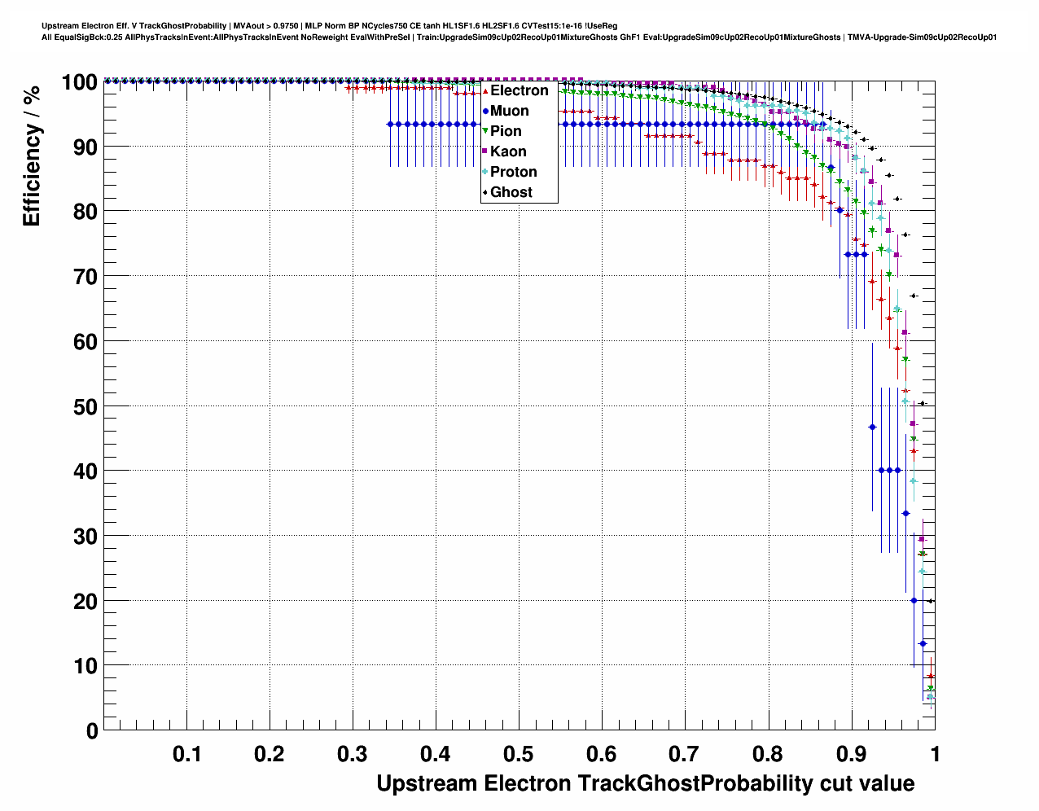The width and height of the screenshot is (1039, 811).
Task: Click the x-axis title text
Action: click(645, 783)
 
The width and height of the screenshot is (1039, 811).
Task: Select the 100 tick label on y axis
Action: click(79, 82)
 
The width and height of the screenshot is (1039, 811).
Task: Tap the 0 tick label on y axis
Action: click(92, 730)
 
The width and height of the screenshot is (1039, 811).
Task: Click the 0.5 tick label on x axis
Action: click(519, 754)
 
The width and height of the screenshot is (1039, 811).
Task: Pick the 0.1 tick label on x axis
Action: click(187, 754)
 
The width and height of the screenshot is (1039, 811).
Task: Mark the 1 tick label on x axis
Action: click(935, 754)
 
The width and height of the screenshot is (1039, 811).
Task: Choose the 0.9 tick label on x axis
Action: click(851, 754)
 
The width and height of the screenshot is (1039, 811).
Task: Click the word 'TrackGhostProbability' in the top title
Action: click(182, 26)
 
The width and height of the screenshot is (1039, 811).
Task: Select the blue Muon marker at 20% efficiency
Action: click(914, 600)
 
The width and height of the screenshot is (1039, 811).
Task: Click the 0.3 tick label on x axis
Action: click(353, 754)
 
